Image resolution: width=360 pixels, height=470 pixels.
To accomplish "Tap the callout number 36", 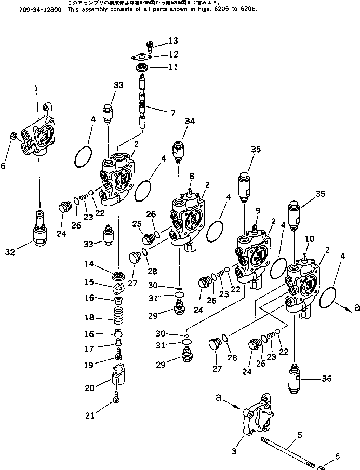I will [x=326, y=380].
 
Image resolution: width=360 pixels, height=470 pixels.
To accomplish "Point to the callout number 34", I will [x=189, y=122].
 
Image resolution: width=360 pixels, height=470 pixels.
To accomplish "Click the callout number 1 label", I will [x=36, y=89].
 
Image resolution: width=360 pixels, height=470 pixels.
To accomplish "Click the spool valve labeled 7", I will [x=143, y=101].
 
